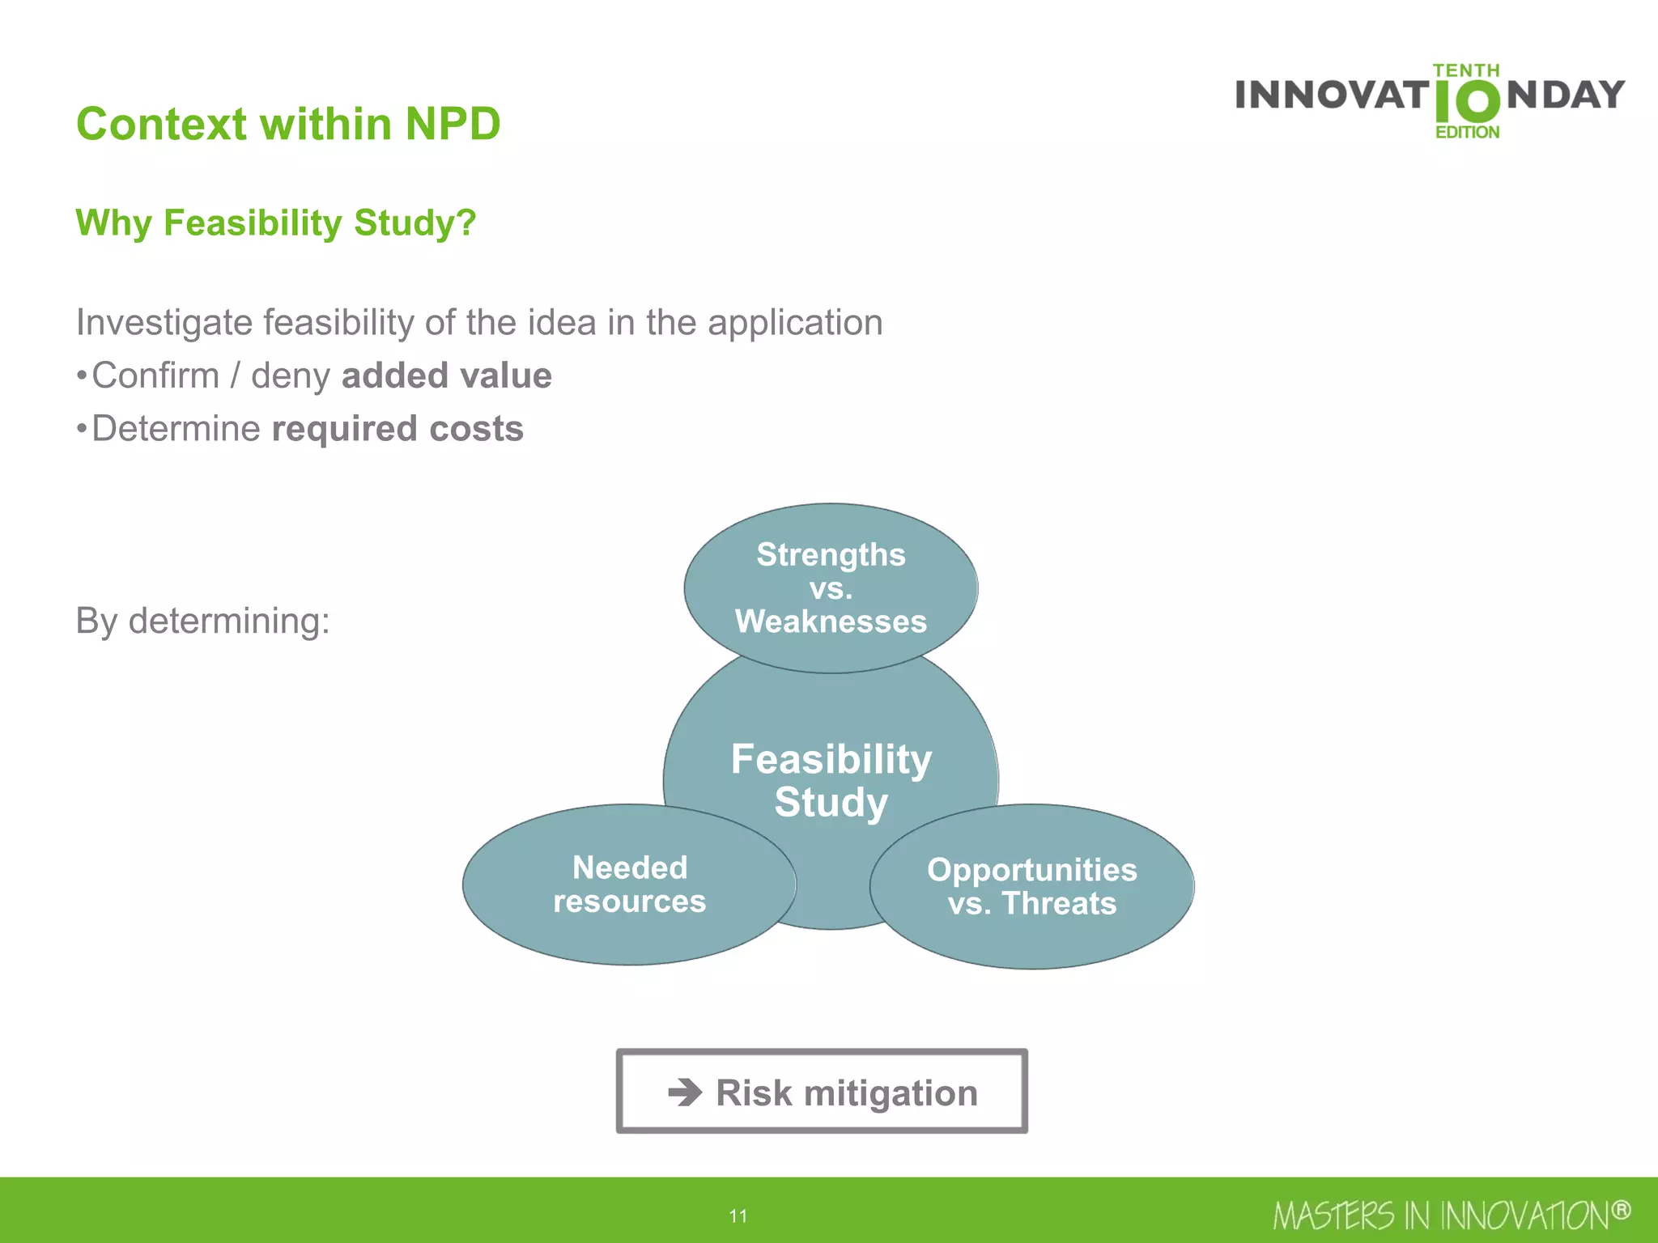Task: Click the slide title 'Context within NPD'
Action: coord(288,124)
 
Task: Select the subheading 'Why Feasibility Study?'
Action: coord(276,223)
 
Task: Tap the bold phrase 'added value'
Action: coord(446,375)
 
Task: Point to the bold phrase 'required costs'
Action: coord(397,429)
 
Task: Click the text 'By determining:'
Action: coord(202,621)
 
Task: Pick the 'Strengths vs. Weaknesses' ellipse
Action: coord(831,588)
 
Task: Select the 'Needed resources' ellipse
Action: coord(629,885)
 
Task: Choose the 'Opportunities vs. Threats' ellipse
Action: coord(1031,887)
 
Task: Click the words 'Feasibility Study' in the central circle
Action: coord(831,780)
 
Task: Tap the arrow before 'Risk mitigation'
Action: coord(685,1092)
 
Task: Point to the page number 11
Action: coord(738,1215)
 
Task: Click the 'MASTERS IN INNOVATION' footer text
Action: coord(1441,1215)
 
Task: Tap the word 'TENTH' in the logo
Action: coord(1466,70)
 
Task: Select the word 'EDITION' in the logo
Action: coord(1467,132)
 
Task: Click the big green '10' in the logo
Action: coord(1466,102)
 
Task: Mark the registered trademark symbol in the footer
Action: coord(1620,1210)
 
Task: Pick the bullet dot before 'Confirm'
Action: coord(81,376)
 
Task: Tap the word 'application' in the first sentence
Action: coord(795,323)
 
